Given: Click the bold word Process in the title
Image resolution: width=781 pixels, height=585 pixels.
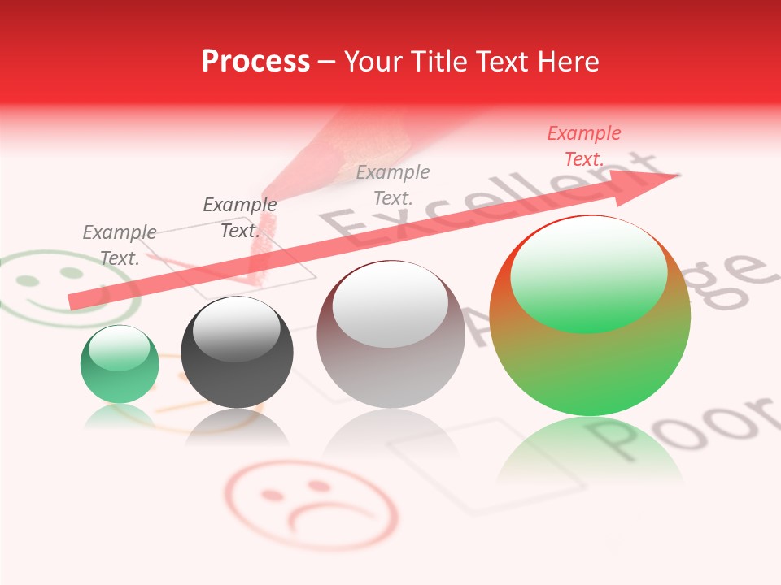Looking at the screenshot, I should coord(255,62).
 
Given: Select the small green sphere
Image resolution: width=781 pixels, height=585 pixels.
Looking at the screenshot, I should coord(120,365).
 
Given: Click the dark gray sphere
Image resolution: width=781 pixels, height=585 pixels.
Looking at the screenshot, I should coord(237,353).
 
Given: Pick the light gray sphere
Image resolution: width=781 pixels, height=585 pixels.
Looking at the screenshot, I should coord(390,334).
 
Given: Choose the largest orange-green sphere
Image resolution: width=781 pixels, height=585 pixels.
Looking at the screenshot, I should coord(590,317).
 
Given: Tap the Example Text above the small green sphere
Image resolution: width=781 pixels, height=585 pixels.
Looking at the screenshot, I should coord(119,245).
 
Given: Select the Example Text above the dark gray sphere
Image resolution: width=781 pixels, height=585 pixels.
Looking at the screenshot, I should coord(239,218).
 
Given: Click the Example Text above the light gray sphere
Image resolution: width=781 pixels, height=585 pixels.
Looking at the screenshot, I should coord(393,184).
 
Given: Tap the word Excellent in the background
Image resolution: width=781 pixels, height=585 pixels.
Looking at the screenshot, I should coord(456,203).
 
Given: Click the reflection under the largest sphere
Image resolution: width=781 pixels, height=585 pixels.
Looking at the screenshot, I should coord(590,455).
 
